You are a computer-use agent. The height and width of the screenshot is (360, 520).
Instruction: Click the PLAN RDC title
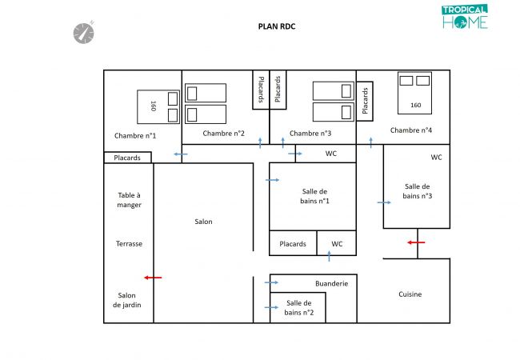pos(276,26)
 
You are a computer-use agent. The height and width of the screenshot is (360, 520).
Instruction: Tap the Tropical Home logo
pos(464,17)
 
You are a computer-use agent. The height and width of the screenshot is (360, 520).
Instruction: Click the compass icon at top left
pos(84,32)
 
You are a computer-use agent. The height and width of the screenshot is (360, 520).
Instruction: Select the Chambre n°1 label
pos(135,134)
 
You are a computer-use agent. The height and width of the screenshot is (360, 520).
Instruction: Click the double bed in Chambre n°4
pos(414,91)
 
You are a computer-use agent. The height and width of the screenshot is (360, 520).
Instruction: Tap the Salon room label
pos(203,222)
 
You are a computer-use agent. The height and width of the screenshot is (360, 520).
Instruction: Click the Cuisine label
pos(410,294)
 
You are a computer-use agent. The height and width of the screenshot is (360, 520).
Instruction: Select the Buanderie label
pos(331,283)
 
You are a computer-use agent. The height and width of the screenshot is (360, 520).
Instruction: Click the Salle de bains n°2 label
pos(298,307)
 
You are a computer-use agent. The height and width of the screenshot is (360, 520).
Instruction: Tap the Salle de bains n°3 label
pos(417,190)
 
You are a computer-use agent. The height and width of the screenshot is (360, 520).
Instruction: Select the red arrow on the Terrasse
pos(153,278)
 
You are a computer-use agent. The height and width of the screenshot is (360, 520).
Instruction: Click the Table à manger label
pos(129,200)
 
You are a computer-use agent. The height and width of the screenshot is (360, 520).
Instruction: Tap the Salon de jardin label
pos(128,300)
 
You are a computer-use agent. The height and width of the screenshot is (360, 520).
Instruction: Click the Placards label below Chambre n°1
pos(127,158)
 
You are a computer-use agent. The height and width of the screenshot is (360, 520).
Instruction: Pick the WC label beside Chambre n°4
pos(436,158)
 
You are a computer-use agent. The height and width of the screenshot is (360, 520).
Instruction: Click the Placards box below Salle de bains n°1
pos(293,244)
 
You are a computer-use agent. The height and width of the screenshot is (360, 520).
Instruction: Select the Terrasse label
pos(129,244)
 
